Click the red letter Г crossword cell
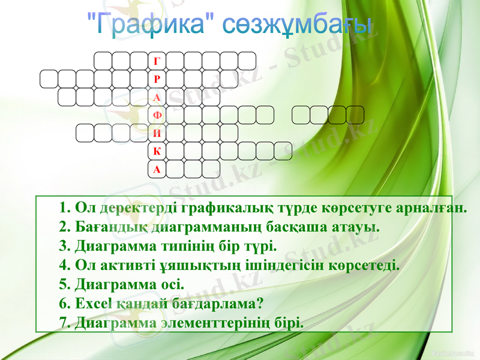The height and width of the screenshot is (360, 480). [x=157, y=61]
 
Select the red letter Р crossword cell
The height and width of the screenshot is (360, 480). [x=157, y=79]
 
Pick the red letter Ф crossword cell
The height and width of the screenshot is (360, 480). [x=157, y=115]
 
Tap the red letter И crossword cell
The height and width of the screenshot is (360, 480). [x=157, y=133]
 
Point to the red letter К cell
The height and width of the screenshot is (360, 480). [x=157, y=151]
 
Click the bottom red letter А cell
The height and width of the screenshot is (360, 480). [x=157, y=169]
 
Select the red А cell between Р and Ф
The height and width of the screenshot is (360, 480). [x=157, y=97]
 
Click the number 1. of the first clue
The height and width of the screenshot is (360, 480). [x=66, y=208]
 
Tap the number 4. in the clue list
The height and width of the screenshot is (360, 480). [x=66, y=265]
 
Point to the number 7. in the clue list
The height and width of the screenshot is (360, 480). [x=66, y=322]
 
